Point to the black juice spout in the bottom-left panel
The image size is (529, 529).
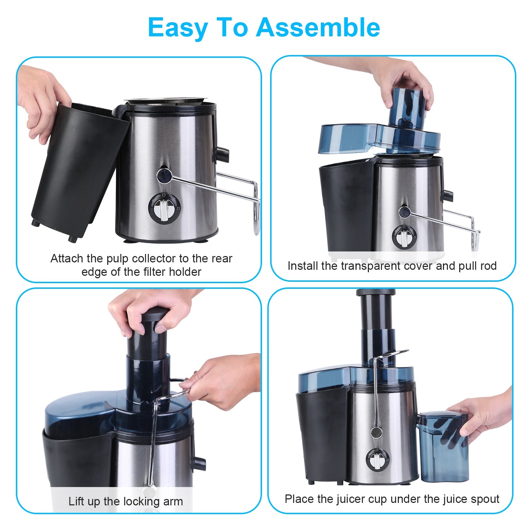200,463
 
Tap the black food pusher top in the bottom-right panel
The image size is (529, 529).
376,293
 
